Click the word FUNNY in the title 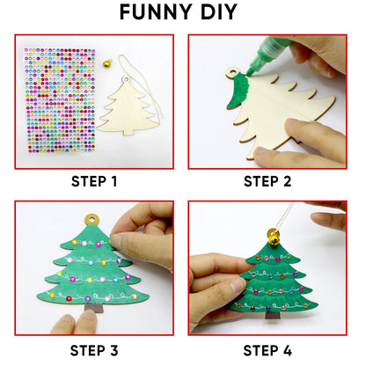(151, 13)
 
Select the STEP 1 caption (93, 182)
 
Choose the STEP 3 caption (93, 350)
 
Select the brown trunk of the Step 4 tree (274, 314)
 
